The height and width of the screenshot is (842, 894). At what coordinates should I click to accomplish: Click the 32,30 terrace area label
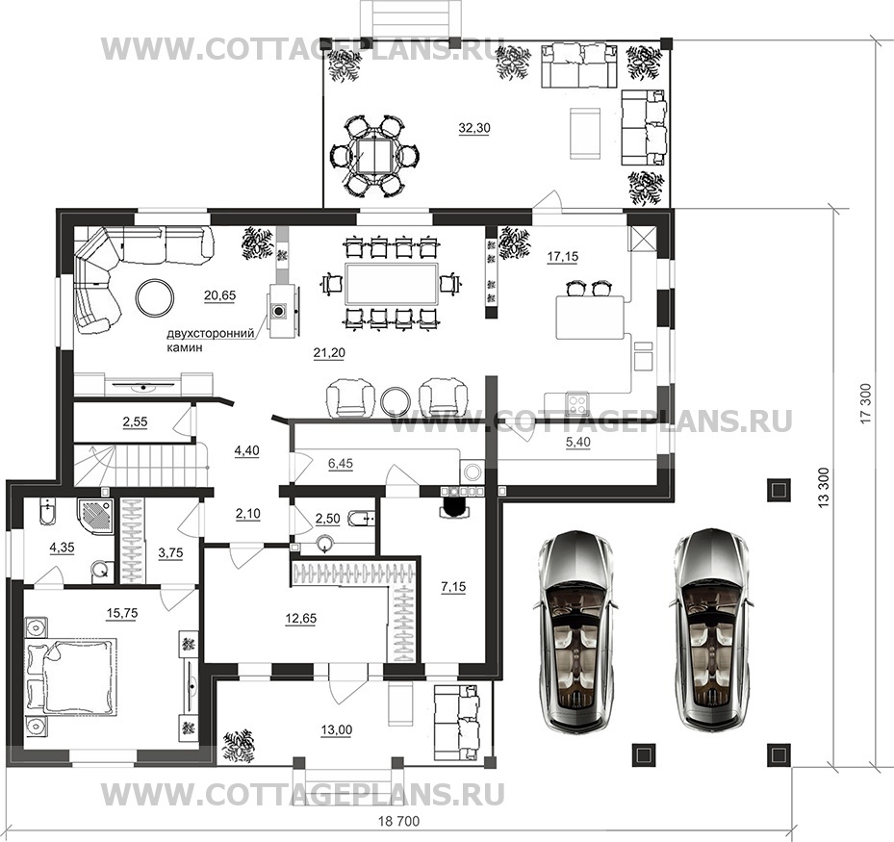474,128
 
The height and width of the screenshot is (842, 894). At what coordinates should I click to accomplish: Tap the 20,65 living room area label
220,295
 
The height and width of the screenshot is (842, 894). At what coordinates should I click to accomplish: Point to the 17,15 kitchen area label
563,257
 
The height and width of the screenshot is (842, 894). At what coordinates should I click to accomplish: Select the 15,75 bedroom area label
122,613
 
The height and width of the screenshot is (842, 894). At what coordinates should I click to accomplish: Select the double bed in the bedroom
71,676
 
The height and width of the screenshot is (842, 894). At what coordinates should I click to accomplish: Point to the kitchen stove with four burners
578,403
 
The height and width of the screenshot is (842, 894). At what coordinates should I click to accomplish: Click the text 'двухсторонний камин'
211,341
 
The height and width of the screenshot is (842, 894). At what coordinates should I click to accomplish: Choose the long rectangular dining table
392,284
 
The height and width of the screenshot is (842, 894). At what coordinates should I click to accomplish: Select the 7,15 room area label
453,586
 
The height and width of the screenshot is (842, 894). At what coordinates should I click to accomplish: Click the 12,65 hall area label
301,619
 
